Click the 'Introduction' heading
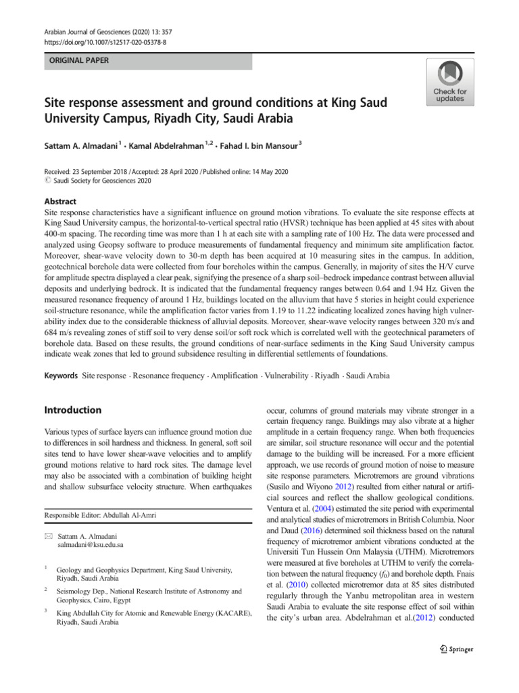click(72, 410)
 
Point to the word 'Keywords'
click(60, 374)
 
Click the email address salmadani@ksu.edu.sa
click(91, 544)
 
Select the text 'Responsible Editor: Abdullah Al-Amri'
click(100, 515)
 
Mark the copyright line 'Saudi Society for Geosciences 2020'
click(98, 181)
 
